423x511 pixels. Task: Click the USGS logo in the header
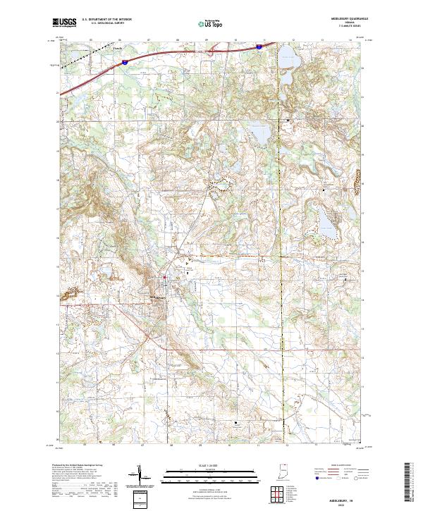(x=65, y=22)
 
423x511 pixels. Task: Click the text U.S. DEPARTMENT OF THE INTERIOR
(x=107, y=19)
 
